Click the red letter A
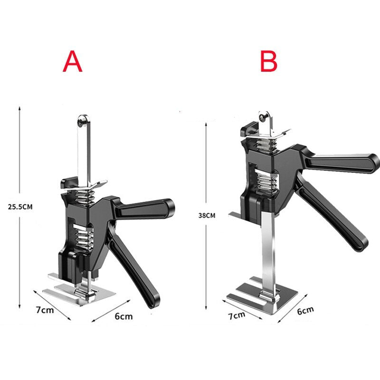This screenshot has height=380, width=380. click(73, 61)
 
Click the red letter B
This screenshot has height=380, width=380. click(269, 61)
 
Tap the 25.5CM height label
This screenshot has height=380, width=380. click(20, 207)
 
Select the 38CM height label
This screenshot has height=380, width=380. click(207, 216)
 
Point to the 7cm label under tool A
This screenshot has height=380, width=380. click(45, 310)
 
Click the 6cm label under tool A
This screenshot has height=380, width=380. click(123, 316)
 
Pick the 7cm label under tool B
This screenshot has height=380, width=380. click(237, 315)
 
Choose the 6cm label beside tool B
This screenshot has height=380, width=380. click(305, 311)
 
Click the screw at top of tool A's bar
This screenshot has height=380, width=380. click(82, 121)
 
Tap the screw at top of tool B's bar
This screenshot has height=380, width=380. click(264, 117)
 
